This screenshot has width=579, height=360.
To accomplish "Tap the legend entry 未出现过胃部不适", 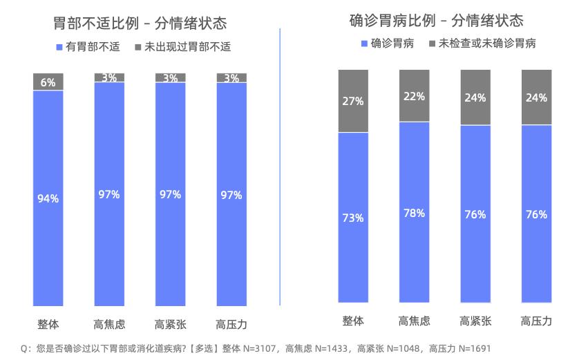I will pos(182,47).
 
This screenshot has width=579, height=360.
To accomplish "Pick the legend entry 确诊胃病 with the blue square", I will pos(387,44).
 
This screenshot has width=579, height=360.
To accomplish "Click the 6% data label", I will pos(48,82).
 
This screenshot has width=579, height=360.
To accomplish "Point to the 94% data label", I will pos(48,198).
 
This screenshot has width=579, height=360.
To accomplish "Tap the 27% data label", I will pos(352,101).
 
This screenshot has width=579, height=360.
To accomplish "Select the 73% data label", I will pos(352,218).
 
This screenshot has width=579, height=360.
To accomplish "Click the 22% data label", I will pos(414,96).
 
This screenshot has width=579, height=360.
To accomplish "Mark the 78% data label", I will pos(414,213).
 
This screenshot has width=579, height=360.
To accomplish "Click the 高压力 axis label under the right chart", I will pos(536,321).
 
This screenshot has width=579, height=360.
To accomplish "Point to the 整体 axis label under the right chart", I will pos(352,321).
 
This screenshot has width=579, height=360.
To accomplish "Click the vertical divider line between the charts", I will pos(280,166).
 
